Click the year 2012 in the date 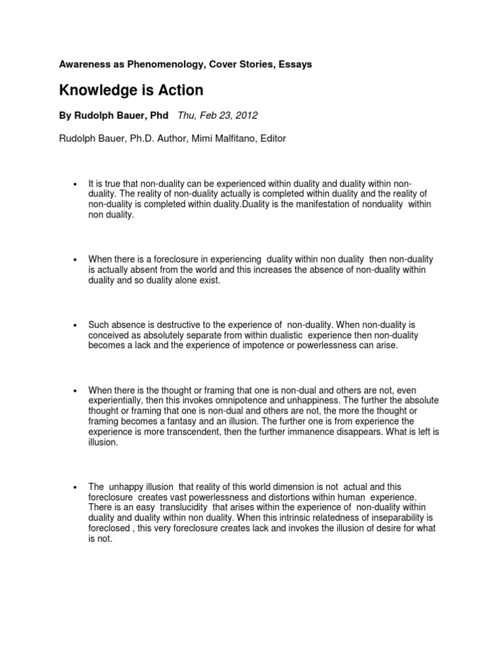click(246, 116)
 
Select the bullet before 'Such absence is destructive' click(76, 325)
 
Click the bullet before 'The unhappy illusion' click(76, 487)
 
